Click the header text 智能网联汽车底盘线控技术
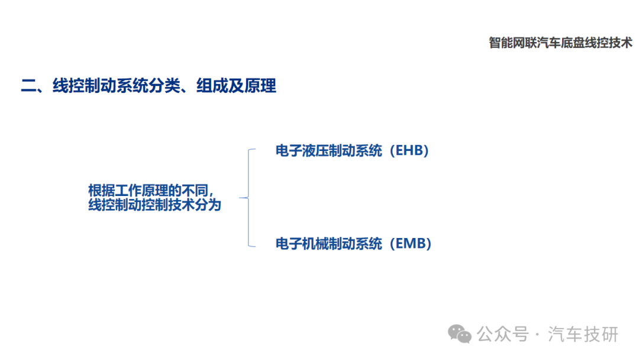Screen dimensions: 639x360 point(560,43)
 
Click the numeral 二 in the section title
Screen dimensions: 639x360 point(28,86)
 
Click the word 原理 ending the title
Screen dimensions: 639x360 point(260,86)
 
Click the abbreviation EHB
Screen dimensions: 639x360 point(409,150)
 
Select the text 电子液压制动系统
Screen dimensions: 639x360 point(329,150)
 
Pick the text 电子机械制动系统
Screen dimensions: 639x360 point(329,243)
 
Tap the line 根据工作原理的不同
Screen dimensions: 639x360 point(149,190)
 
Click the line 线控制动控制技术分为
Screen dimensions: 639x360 point(155,205)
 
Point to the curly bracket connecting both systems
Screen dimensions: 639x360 point(248,198)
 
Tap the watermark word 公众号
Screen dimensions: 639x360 point(503,335)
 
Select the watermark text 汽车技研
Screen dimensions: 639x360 point(583,335)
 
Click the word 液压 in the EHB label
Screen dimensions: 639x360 point(315,150)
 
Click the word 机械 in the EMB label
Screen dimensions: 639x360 point(315,243)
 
